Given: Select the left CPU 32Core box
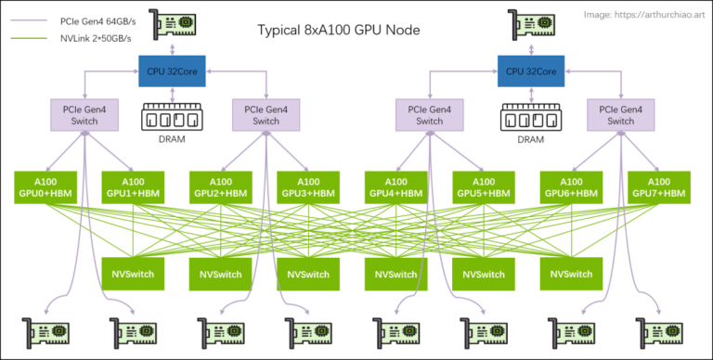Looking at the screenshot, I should point(173,71).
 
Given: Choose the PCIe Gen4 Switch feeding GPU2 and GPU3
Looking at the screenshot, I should point(266,115).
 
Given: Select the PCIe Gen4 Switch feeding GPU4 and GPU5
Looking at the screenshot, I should point(429,115).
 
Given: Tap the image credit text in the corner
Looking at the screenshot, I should point(645,15).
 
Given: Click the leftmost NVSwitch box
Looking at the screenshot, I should point(131,274).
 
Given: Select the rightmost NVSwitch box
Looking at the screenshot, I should point(571,274).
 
